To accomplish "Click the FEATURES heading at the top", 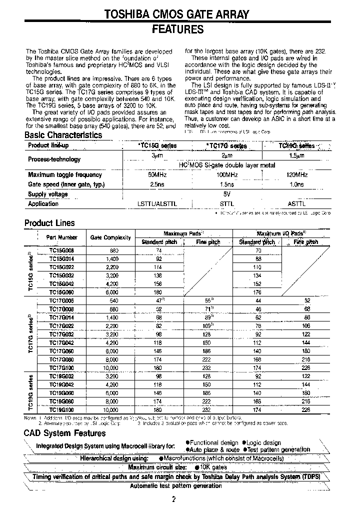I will [x=177, y=29].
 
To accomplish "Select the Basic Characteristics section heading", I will [x=63, y=135].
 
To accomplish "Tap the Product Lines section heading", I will [x=49, y=223].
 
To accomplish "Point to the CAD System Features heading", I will [x=65, y=433].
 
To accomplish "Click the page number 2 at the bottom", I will [x=173, y=499].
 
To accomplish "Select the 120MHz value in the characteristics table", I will [x=296, y=175].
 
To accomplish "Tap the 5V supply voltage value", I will [x=227, y=194].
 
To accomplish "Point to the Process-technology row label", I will [x=54, y=159].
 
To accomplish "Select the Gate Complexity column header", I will [x=110, y=237].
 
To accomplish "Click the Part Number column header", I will [x=61, y=237].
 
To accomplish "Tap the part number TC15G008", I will [x=62, y=250].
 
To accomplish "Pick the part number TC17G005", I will [x=62, y=301].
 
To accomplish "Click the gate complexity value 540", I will [x=113, y=301].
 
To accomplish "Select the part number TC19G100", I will [x=62, y=409].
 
